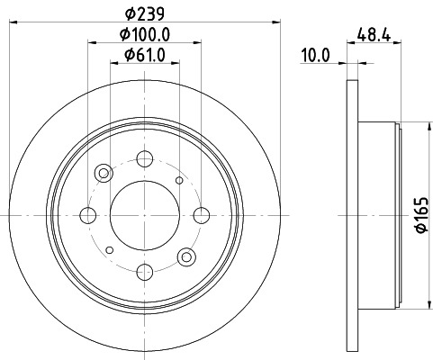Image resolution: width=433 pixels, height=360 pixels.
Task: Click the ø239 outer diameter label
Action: click(144, 14)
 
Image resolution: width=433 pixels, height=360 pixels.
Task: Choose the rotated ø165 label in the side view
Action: click(420, 215)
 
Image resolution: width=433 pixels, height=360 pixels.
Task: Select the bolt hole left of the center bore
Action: click(88, 215)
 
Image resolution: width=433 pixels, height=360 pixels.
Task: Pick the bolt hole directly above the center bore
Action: click(144, 160)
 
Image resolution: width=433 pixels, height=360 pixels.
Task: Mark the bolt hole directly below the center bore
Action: click(144, 270)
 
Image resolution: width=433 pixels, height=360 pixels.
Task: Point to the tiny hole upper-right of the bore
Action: click(178, 181)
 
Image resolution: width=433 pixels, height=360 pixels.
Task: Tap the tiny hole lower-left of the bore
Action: click(109, 249)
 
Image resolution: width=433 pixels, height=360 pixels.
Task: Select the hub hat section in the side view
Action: click(378, 215)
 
